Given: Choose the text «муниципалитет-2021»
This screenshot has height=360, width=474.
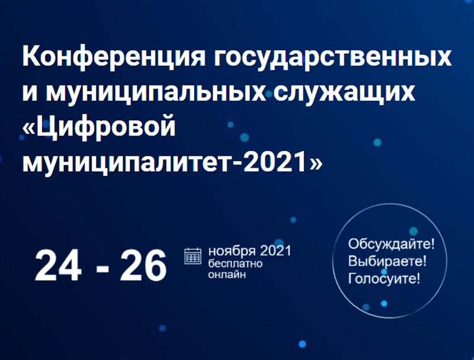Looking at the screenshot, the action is coord(165,161).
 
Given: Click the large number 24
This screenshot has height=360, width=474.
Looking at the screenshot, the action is coord(58,266).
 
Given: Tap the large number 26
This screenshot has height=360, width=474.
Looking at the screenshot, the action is coord(143,266).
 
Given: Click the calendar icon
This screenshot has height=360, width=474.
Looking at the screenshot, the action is coord(193,256).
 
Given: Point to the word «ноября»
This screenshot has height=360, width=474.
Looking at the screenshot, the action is coord(232,251).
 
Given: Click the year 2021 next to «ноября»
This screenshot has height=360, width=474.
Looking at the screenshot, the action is coord(276,250).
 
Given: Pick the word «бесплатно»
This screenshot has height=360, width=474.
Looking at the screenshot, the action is coord(235,263).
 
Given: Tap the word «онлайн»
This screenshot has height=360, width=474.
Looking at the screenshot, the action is coord(227,275).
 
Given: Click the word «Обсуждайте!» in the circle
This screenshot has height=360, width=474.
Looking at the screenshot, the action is coord(391,244).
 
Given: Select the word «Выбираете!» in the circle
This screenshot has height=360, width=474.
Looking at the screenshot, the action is coord(387,261).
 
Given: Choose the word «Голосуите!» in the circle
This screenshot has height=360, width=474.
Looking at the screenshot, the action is coord(384,278).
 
